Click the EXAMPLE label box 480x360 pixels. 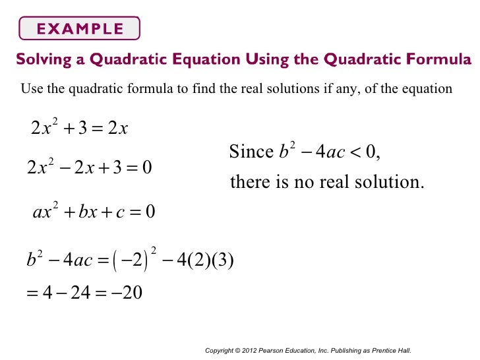(x=80, y=28)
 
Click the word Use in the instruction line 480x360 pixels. (x=32, y=89)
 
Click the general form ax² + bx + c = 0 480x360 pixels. (x=93, y=212)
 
